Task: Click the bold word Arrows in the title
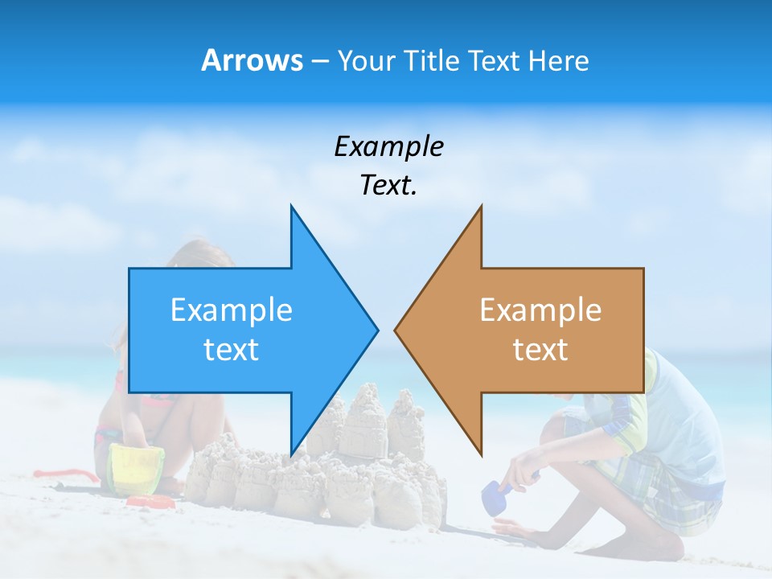[x=252, y=60]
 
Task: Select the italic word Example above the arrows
[x=388, y=146]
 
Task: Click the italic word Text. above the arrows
[x=388, y=185]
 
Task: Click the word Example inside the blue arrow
[x=232, y=310]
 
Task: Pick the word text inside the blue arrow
[x=232, y=349]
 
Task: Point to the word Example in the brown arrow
[x=540, y=310]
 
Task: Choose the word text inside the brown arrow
[x=540, y=349]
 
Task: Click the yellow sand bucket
[x=137, y=466]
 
